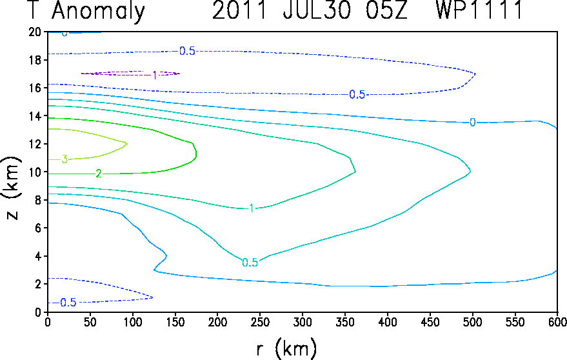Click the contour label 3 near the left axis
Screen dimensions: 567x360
[x=65, y=159]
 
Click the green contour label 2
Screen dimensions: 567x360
[x=98, y=174]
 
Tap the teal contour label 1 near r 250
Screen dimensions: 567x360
[x=252, y=208]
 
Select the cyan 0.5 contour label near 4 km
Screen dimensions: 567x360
[x=250, y=263]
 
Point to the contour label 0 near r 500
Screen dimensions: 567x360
[x=472, y=123]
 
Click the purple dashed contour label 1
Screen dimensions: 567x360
[x=155, y=75]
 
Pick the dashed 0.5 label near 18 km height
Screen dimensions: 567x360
[x=187, y=51]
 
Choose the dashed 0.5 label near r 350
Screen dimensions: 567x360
[x=357, y=94]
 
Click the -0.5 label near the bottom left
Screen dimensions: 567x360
[x=68, y=303]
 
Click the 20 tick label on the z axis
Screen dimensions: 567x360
[x=35, y=32]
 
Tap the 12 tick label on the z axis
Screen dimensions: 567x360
[x=35, y=144]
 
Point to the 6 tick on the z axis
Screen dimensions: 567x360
[x=38, y=228]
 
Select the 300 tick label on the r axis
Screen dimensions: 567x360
[x=303, y=322]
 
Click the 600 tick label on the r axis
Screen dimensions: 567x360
[x=557, y=322]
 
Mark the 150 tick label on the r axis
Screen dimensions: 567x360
[x=175, y=322]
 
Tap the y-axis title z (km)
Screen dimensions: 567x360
[x=12, y=188]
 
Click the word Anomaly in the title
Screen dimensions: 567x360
[x=98, y=11]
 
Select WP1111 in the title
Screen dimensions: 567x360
[x=479, y=10]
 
